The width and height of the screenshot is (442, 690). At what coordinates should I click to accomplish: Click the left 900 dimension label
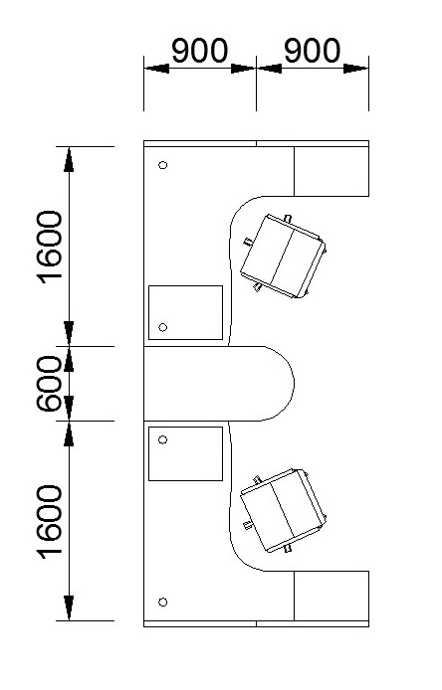point(200,51)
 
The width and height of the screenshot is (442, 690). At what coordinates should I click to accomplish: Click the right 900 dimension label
point(312,51)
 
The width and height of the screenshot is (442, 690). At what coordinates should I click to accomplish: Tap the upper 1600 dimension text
point(50,248)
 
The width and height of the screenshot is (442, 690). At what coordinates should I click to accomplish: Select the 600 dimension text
point(49,384)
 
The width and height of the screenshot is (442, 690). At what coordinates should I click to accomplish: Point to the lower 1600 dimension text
point(50,522)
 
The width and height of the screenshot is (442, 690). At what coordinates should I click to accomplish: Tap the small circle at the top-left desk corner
point(162,165)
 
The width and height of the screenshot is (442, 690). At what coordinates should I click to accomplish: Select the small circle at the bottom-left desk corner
point(162,602)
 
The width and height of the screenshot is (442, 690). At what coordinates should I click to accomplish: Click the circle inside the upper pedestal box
point(162,327)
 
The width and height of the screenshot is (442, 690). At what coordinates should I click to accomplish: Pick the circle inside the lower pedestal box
point(162,439)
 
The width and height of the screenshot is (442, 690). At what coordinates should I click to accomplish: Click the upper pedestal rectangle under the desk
point(185,312)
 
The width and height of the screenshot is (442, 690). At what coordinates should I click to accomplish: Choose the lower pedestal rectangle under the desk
point(185,453)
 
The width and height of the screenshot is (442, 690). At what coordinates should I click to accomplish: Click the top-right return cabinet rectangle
point(331,171)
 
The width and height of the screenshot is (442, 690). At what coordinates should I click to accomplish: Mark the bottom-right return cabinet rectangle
point(331,596)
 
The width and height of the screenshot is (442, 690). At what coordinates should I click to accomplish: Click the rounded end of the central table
point(294,384)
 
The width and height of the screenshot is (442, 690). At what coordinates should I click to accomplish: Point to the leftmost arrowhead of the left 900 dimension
point(156,69)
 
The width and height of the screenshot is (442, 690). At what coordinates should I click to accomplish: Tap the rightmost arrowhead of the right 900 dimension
point(356,69)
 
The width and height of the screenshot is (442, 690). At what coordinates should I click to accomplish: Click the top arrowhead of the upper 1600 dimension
point(69,159)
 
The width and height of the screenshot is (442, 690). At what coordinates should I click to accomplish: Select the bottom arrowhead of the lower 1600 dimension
point(69,607)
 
